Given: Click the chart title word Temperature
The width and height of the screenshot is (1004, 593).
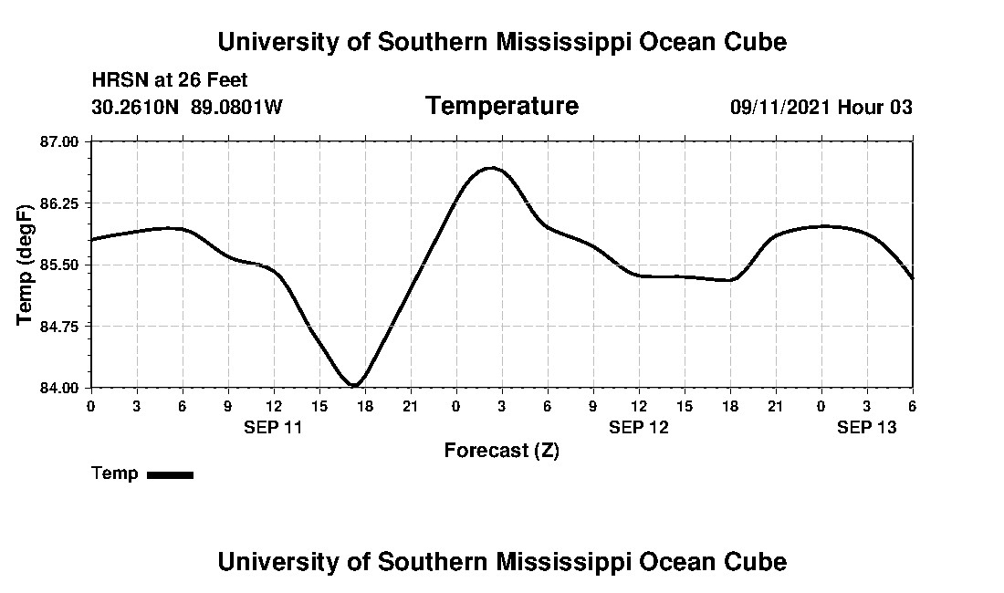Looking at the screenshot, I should pos(502,107).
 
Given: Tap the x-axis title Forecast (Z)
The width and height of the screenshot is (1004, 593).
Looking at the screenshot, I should pos(502,451).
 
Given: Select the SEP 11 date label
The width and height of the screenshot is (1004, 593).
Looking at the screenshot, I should pos(273,427).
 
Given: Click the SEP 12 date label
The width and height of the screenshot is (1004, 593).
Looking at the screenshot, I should pos(639,427).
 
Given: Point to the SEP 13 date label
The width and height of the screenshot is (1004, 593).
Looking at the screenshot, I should pos(867,427).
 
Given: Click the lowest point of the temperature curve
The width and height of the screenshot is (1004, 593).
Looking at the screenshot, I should pos(355,385).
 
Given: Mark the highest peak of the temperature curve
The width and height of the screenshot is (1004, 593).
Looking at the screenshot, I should pos(492,168).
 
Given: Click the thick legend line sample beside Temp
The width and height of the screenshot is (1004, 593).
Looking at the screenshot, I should pos(171,474).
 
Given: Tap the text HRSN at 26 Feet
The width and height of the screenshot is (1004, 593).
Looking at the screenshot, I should pos(170,81).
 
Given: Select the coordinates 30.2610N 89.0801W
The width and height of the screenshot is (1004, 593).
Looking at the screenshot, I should pos(187,108).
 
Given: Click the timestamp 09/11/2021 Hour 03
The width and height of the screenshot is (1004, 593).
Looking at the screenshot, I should pos(821,108).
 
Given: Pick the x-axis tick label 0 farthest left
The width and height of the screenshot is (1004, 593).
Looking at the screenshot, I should pos(90,405).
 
